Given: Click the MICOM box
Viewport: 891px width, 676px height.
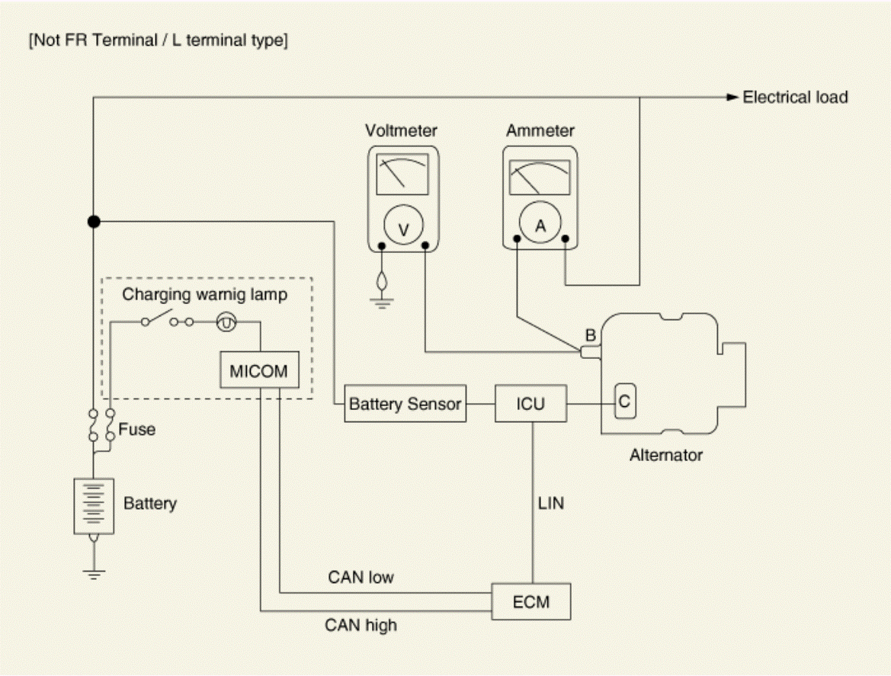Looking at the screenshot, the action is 260,370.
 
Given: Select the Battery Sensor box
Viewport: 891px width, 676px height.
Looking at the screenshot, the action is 405,404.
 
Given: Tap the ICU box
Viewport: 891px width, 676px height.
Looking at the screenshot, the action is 530,404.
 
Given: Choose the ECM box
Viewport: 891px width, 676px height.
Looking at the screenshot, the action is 531,601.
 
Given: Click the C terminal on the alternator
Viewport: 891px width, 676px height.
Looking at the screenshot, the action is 624,401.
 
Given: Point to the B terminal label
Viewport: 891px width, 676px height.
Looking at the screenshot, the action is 591,335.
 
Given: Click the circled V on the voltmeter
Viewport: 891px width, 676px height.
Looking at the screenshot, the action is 403,225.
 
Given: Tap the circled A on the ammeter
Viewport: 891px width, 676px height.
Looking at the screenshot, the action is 540,222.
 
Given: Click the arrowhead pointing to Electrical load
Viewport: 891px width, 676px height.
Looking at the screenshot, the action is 732,97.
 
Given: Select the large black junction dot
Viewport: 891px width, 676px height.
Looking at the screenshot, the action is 94,222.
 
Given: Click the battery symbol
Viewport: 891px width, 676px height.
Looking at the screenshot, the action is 94,506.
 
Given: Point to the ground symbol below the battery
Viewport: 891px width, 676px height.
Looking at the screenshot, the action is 94,574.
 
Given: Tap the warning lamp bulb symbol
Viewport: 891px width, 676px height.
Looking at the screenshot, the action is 226,322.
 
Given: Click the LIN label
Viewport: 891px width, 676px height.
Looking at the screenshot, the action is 550,503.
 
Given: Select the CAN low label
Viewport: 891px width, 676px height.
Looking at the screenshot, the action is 361,577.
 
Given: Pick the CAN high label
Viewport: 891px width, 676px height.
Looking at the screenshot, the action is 361,626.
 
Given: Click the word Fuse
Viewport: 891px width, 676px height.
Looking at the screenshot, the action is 137,429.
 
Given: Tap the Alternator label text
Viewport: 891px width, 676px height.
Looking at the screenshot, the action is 666,455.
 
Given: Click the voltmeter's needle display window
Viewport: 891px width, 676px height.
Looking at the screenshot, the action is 402,174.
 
